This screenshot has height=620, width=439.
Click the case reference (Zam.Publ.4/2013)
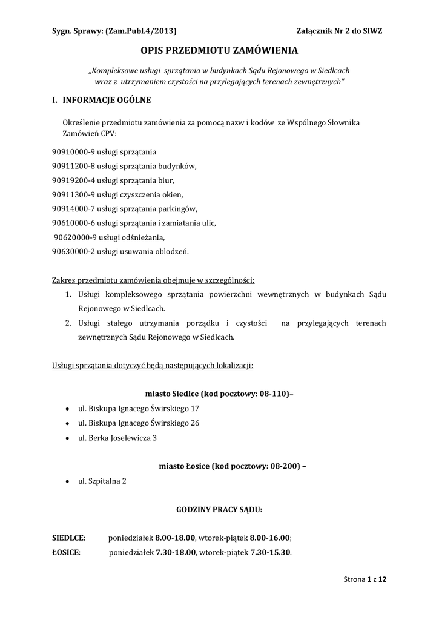(141, 31)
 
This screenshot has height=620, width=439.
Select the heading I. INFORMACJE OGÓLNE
(102, 100)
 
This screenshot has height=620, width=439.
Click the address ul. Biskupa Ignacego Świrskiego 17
(139, 409)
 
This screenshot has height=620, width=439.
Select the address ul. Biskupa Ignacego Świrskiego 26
(139, 423)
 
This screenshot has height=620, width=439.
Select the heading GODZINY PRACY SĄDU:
(219, 510)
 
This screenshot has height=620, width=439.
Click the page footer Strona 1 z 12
(365, 579)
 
